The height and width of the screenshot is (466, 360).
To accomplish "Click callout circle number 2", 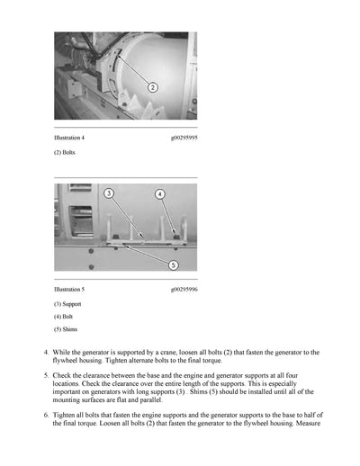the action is tap(153, 87).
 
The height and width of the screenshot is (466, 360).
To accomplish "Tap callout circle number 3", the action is tap(109, 193).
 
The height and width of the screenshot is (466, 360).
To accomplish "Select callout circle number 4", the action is tap(160, 194).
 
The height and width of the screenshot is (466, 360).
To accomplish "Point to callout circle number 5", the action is tap(173, 265).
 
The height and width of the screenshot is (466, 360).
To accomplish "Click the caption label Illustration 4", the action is tap(69, 138).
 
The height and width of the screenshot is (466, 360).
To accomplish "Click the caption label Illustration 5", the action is tap(69, 290).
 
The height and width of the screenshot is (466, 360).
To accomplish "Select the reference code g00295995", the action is tap(184, 138).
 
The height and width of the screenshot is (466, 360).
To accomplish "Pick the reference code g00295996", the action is tap(184, 290).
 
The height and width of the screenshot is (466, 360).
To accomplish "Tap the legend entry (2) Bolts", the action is tap(65, 152).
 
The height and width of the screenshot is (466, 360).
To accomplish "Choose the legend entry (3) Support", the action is tap(67, 304).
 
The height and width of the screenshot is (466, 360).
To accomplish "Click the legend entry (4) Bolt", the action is tap(63, 317).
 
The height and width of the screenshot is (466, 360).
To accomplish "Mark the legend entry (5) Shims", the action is tap(66, 329).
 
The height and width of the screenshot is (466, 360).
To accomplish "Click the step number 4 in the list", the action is tap(46, 353).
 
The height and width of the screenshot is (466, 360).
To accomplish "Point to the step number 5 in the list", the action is tap(46, 375).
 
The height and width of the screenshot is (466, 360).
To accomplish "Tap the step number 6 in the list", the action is tap(46, 415).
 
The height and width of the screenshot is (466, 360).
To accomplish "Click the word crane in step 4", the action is tap(168, 353).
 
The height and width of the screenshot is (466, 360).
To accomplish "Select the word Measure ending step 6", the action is tap(308, 424).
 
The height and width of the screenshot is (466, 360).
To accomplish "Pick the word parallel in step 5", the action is tap(151, 400).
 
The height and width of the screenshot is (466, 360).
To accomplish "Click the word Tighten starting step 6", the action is tap(64, 416).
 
